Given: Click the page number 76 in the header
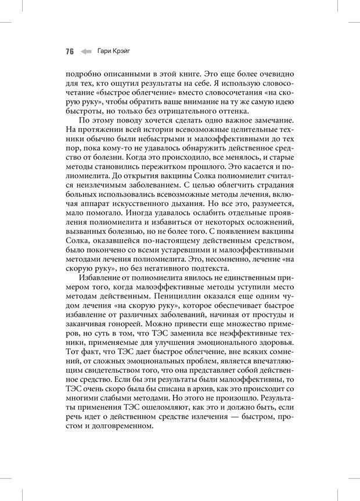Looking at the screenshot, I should (69, 51).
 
